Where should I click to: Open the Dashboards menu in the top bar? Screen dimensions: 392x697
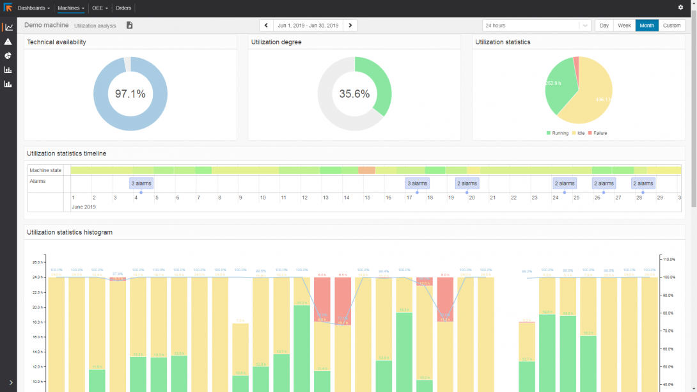point(33,8)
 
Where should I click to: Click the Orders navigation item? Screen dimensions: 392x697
point(123,8)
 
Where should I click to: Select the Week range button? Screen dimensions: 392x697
point(624,26)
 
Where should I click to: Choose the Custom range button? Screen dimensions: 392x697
point(671,26)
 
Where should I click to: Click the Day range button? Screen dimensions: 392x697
point(604,26)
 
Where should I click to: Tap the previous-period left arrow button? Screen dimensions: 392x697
point(267,26)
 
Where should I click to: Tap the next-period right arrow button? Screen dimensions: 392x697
point(350,26)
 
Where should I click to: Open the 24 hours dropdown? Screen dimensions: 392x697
point(536,26)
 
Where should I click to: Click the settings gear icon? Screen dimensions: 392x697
point(680,8)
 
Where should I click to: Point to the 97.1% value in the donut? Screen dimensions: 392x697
point(130,94)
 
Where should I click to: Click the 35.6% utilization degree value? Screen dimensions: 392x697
point(354,94)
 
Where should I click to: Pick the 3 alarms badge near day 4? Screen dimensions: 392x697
point(141,184)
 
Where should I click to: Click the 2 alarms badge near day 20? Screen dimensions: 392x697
point(467,184)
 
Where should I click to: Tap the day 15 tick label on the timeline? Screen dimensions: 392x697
point(368,198)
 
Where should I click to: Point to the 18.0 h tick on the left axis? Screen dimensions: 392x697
point(37,322)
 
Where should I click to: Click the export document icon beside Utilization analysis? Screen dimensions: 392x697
point(129,26)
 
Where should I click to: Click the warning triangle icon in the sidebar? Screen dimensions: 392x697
point(8,42)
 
